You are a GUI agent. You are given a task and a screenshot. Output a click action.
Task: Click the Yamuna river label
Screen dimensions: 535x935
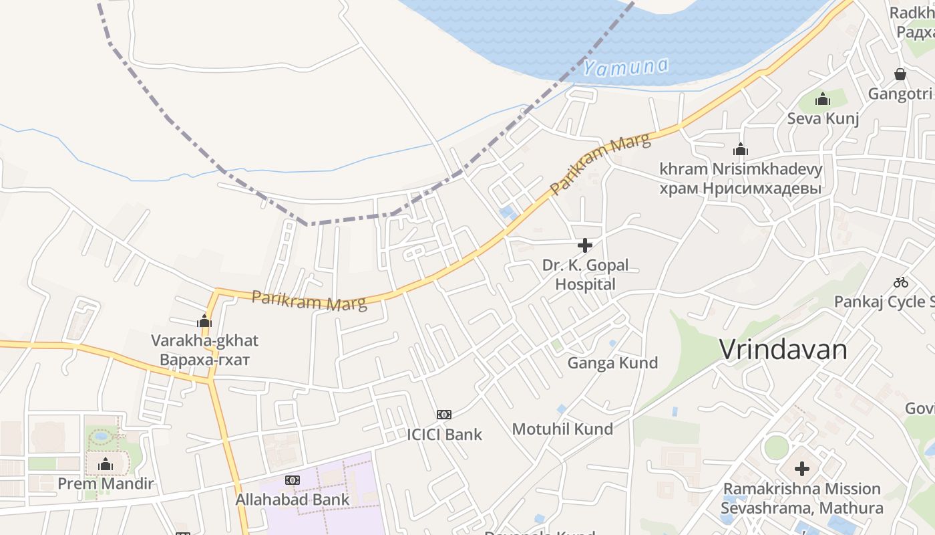point(625,67)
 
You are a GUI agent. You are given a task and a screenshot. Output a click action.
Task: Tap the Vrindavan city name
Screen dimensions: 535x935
point(783,350)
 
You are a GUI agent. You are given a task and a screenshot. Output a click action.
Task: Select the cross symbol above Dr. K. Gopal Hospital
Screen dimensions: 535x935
point(585,245)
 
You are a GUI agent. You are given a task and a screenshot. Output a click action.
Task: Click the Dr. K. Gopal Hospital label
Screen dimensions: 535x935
point(585,275)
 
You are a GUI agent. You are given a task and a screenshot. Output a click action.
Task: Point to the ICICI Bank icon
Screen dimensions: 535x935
point(444,415)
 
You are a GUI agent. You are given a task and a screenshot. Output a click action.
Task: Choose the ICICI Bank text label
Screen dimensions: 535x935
point(444,435)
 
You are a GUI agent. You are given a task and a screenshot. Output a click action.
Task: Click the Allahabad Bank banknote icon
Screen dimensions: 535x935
point(293,480)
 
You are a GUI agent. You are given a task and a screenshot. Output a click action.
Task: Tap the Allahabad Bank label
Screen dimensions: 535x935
point(293,500)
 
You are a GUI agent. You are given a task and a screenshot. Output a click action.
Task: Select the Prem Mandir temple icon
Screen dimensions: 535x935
point(106,465)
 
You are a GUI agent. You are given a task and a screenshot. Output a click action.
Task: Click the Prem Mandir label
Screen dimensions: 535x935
point(106,484)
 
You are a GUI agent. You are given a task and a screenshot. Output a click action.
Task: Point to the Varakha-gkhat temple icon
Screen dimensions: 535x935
point(204,321)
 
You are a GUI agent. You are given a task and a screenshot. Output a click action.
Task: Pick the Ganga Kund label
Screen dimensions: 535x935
point(612,363)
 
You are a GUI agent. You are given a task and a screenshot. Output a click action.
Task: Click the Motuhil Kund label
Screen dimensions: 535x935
point(562,429)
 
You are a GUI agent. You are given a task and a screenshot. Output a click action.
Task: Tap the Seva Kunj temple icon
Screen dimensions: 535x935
point(823,100)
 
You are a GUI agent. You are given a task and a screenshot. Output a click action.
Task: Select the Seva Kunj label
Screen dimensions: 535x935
point(823,118)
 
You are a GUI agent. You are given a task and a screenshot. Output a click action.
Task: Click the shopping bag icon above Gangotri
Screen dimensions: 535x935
point(900,74)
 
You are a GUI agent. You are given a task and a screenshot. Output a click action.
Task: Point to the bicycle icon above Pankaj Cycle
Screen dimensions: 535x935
point(901,282)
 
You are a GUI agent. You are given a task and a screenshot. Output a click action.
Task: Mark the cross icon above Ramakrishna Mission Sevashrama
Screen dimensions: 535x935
point(801,469)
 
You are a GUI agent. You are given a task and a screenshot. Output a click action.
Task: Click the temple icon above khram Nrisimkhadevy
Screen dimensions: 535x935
point(741,149)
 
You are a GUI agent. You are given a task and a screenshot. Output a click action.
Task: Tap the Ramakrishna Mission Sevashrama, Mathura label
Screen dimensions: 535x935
point(801,498)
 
